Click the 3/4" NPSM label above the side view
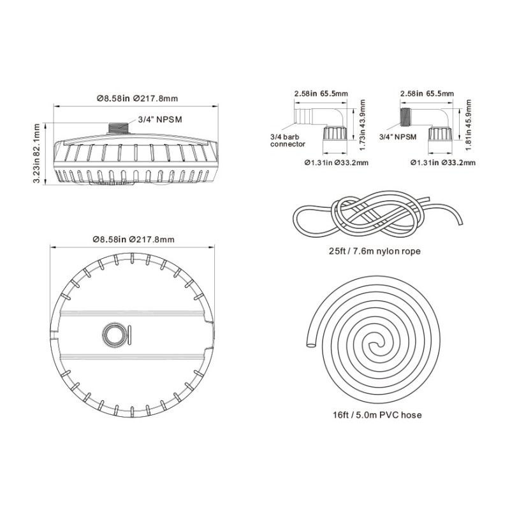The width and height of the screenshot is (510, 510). (x=160, y=120)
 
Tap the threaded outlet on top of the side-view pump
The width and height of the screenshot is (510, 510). (x=118, y=128)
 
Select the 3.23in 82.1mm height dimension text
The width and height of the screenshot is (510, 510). (x=36, y=154)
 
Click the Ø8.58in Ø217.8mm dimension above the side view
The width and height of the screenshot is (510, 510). (x=137, y=98)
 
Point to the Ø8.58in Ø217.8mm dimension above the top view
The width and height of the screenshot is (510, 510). (x=134, y=240)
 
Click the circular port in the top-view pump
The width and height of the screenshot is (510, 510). (x=113, y=334)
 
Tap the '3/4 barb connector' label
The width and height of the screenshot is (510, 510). (x=288, y=140)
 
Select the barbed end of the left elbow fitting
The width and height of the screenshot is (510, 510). (x=302, y=117)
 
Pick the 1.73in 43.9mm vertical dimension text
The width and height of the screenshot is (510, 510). (x=363, y=125)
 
